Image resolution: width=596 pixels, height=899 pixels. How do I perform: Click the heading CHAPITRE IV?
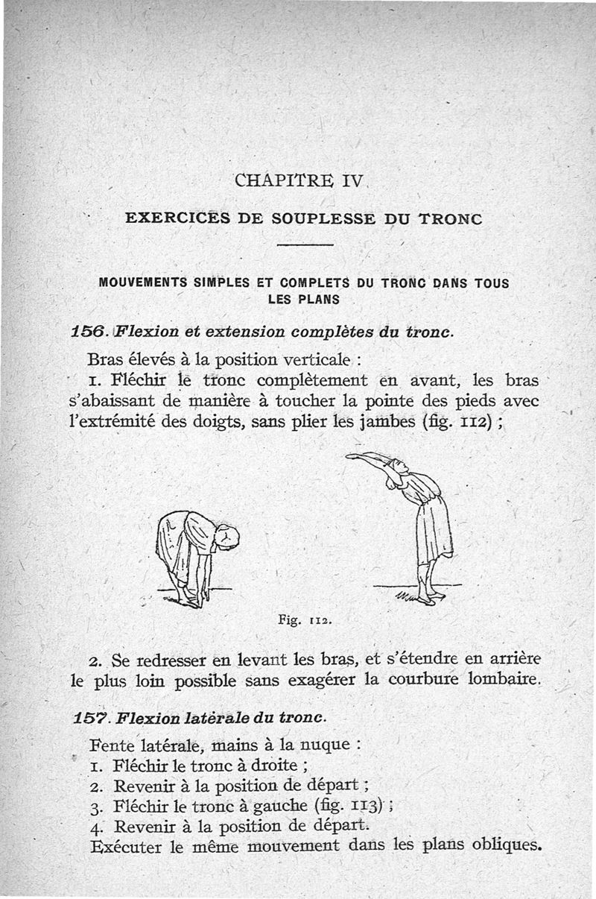(x=298, y=180)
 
